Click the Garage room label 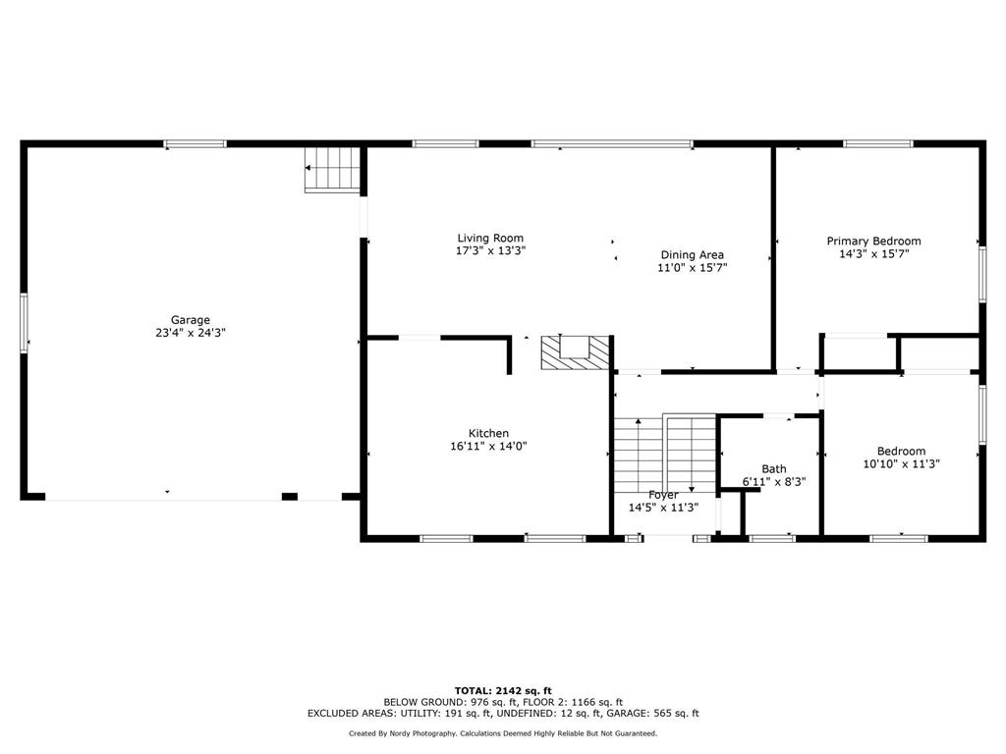coord(190,320)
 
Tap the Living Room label coord(490,239)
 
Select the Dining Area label coord(693,255)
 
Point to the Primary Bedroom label coord(873,242)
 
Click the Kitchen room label coord(488,433)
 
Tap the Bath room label coord(774,469)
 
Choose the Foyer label coord(663,495)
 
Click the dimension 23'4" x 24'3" coord(191,333)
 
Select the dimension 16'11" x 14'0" coord(488,447)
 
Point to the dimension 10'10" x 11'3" coord(902,463)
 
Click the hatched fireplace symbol coord(575,352)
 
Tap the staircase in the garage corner coord(332,169)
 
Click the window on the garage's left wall coord(24,322)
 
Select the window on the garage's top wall coord(196,143)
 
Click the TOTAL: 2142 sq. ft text coord(503,690)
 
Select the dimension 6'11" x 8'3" coord(774,481)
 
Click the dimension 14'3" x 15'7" coord(873,254)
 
